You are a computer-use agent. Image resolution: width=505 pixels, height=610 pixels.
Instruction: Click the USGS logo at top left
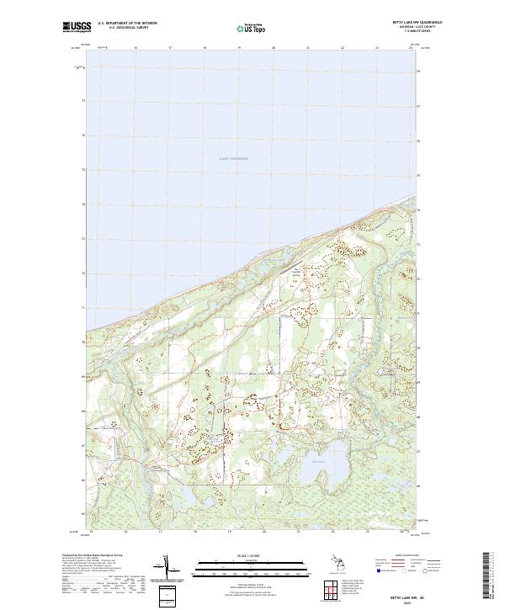pos(74,27)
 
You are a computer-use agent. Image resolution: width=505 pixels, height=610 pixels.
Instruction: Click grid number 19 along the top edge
pos(239,48)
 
